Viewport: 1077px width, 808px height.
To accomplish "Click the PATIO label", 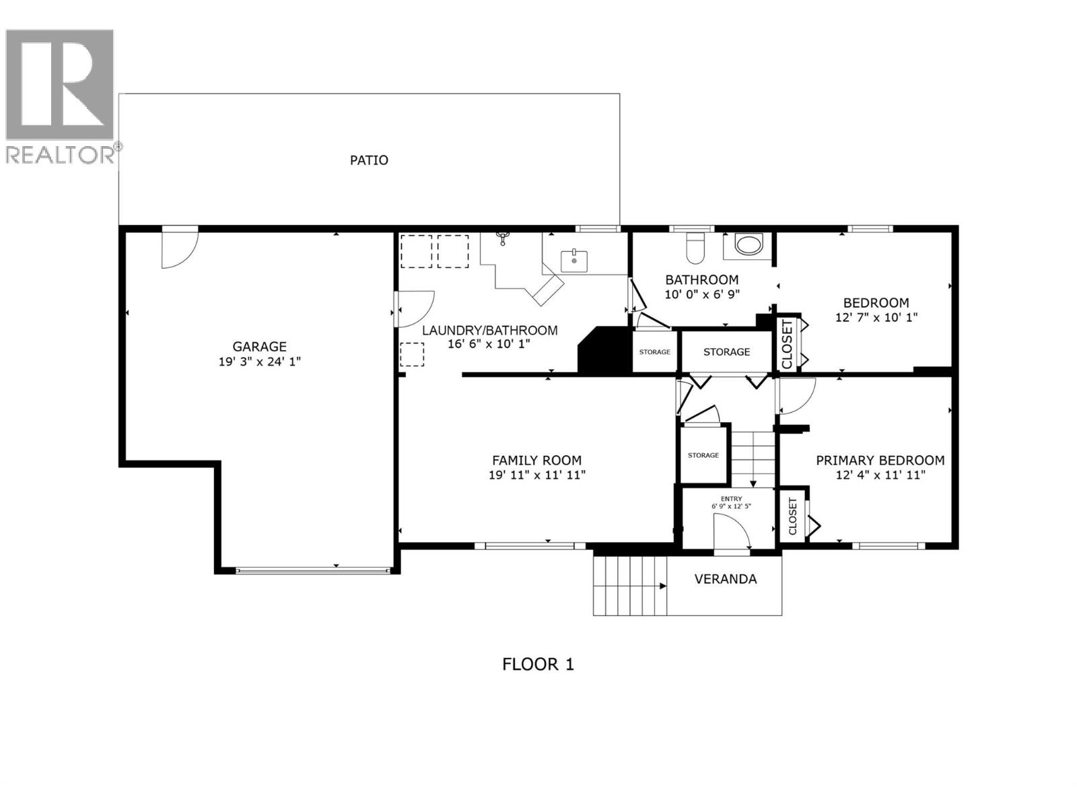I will tap(369, 160).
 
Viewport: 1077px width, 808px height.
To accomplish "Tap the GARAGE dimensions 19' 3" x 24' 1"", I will tap(259, 362).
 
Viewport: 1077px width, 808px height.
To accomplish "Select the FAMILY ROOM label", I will tap(536, 461).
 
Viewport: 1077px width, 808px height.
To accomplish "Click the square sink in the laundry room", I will tap(574, 261).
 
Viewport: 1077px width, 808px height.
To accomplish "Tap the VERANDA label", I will tap(725, 579).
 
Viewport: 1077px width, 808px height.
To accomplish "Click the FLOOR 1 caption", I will tap(538, 665).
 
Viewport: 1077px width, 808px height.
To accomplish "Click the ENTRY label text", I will tap(731, 499).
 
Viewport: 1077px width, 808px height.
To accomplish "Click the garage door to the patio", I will tap(178, 248).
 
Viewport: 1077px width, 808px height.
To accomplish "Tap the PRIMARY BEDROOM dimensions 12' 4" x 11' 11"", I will tap(880, 475).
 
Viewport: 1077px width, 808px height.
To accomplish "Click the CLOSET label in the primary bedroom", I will tap(792, 516).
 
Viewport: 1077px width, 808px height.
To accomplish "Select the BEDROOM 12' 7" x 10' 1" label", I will tap(876, 310).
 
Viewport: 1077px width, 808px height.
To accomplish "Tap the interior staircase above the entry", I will tap(753, 458).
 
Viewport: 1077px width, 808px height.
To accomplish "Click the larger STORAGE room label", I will tap(726, 351).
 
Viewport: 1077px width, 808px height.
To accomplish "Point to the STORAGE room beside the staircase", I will tap(703, 455).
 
